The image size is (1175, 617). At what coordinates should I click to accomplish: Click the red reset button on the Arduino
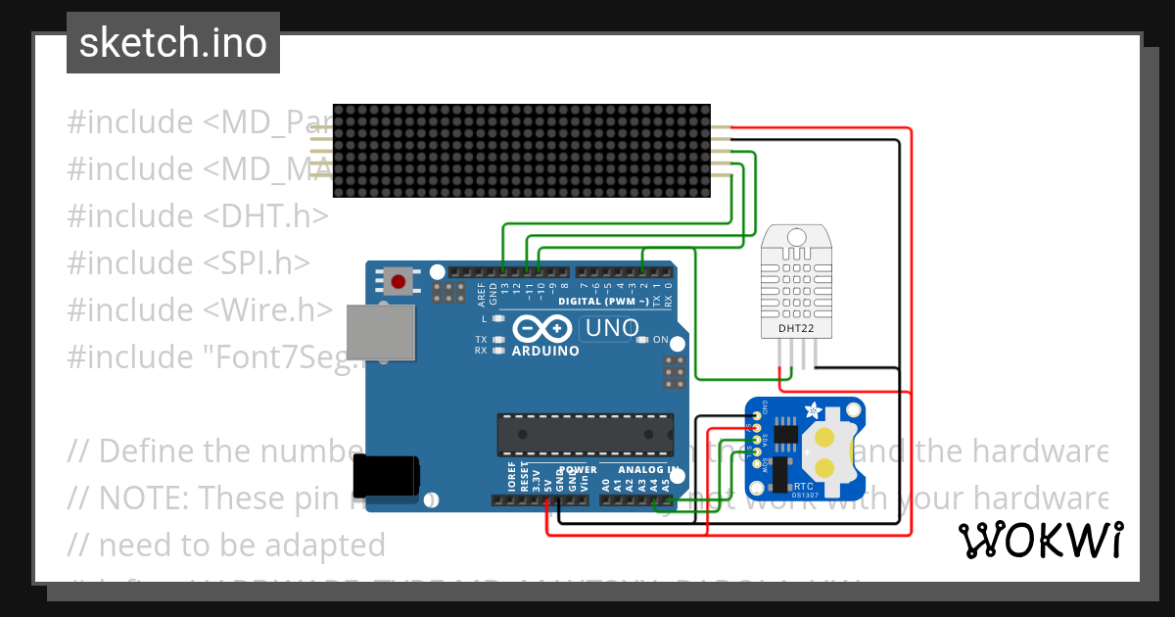point(398,282)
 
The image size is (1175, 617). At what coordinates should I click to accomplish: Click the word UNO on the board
point(611,328)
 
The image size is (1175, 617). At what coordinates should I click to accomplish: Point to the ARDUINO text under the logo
point(545,351)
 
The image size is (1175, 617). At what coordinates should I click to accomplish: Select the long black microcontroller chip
point(585,435)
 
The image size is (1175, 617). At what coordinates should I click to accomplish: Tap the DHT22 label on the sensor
point(795,329)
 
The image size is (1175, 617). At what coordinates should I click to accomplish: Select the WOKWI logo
point(1040,540)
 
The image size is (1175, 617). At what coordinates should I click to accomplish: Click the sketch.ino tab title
point(172,43)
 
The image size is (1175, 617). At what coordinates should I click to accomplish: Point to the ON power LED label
point(661,340)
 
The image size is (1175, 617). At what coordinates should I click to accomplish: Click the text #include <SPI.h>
point(188,262)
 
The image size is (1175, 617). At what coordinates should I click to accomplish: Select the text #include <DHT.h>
point(197,215)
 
